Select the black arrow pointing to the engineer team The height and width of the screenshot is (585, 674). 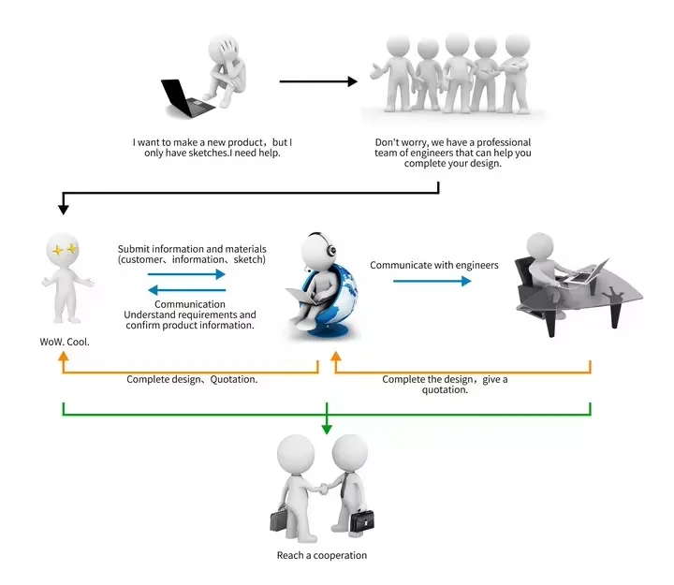[x=318, y=81]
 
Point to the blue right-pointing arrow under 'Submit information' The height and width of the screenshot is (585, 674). [x=187, y=274]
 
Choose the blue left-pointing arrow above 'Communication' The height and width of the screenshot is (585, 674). [x=187, y=290]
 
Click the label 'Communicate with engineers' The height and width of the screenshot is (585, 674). [x=434, y=265]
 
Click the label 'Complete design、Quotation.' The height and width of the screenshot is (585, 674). [x=192, y=379]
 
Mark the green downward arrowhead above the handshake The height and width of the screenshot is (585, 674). [x=327, y=428]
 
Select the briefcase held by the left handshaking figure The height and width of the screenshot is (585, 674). [x=279, y=519]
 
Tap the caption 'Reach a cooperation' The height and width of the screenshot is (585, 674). [x=322, y=555]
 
